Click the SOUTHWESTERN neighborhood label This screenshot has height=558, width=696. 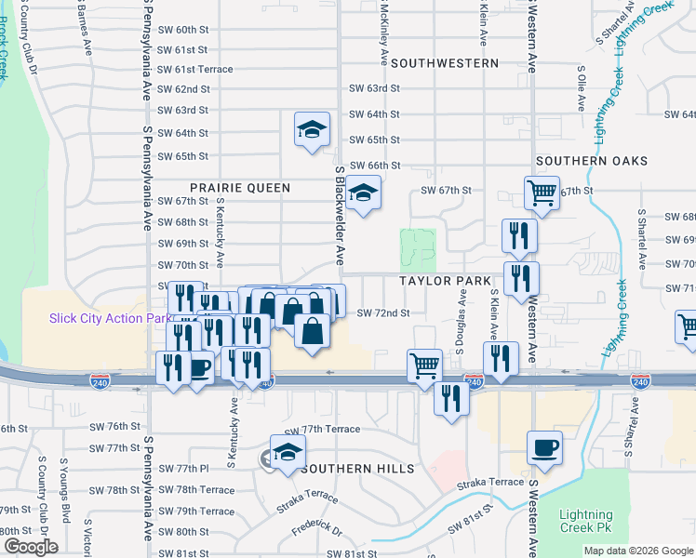pos(445,63)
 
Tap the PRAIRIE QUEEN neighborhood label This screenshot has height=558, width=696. pos(241,188)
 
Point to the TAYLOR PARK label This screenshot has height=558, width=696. pos(445,281)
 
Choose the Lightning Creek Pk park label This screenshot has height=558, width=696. pos(586,522)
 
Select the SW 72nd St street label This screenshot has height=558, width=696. pos(383,313)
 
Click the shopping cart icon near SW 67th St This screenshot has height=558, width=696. pos(542,193)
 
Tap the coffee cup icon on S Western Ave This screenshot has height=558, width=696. pos(544,447)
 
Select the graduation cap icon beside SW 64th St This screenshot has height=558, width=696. pos(313,128)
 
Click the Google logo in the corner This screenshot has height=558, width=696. pos(30,546)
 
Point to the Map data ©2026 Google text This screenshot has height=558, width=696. pos(637,551)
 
